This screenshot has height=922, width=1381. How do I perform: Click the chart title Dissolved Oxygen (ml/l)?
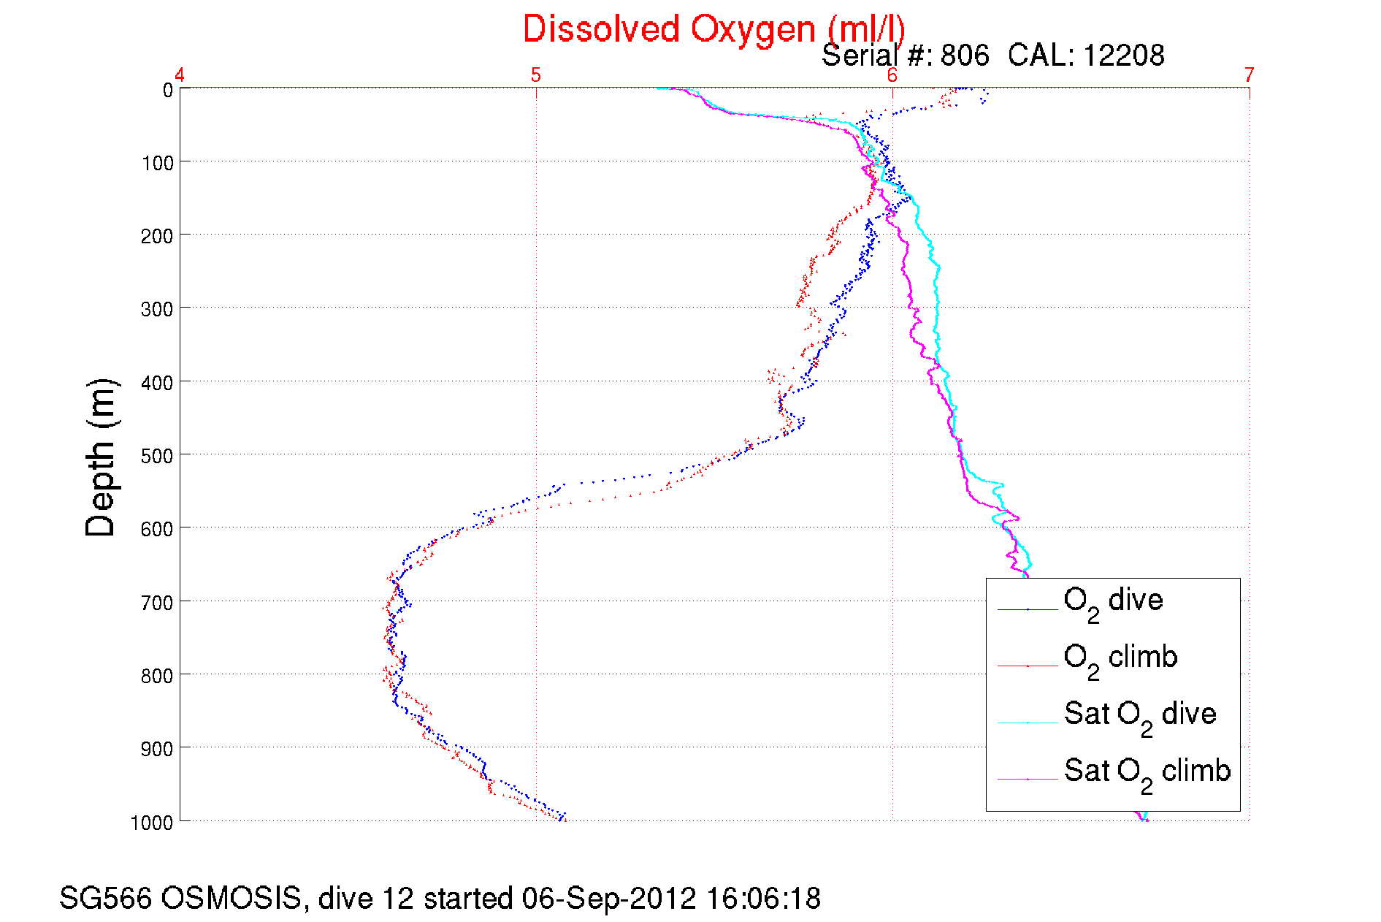tap(714, 30)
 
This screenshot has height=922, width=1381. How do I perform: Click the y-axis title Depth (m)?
tap(101, 458)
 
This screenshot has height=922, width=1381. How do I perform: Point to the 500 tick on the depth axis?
tap(157, 456)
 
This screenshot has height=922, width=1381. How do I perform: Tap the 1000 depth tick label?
tap(152, 823)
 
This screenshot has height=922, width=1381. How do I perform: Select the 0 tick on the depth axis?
tap(168, 91)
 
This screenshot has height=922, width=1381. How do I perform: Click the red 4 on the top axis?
tap(180, 75)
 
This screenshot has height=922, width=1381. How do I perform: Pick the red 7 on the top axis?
tap(1250, 75)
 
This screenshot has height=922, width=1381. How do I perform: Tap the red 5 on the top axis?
tap(536, 75)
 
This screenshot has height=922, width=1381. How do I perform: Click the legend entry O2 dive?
tap(1113, 601)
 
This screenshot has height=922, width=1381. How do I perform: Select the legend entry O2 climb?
tap(1120, 658)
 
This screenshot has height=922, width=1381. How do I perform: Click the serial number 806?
tap(965, 56)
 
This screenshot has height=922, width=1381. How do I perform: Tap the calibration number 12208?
tap(1123, 56)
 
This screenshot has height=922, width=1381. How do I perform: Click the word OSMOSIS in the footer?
tap(230, 899)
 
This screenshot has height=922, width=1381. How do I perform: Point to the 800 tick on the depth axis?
tap(157, 676)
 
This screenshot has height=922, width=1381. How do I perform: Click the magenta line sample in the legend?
tap(1028, 779)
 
